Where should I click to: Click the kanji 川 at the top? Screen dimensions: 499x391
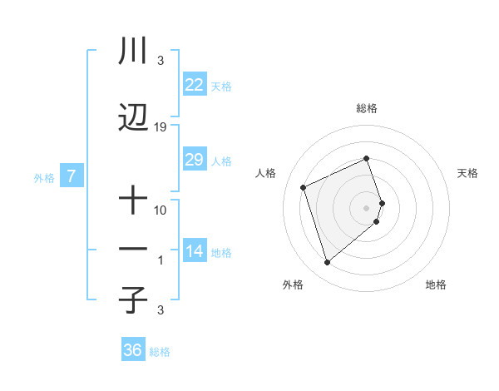coord(133,52)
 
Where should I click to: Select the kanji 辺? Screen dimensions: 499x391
coord(133,118)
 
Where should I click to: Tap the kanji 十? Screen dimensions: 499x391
coord(133,200)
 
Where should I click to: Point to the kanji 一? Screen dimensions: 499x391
coord(133,250)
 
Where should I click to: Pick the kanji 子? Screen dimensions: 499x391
coord(133,299)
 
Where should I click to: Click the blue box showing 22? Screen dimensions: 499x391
coord(194,85)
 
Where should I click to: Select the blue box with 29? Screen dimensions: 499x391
coord(194,160)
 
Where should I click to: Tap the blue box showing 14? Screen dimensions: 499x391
coord(194,251)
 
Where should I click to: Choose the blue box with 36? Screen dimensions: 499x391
coord(132,350)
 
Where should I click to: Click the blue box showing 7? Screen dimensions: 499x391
coord(72,176)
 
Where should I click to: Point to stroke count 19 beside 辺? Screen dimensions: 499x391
coord(161,126)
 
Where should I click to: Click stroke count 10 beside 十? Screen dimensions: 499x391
coord(161,209)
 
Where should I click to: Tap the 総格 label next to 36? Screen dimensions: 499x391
coord(160,352)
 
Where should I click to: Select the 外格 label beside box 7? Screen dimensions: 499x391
coord(44,177)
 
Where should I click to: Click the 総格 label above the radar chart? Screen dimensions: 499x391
coord(367,108)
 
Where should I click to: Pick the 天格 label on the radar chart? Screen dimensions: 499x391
coord(467,173)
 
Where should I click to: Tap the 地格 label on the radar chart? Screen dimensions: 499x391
coord(436,285)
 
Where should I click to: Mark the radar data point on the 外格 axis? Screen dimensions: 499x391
coord(327,263)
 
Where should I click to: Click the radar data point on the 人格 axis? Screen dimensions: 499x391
coord(304,186)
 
